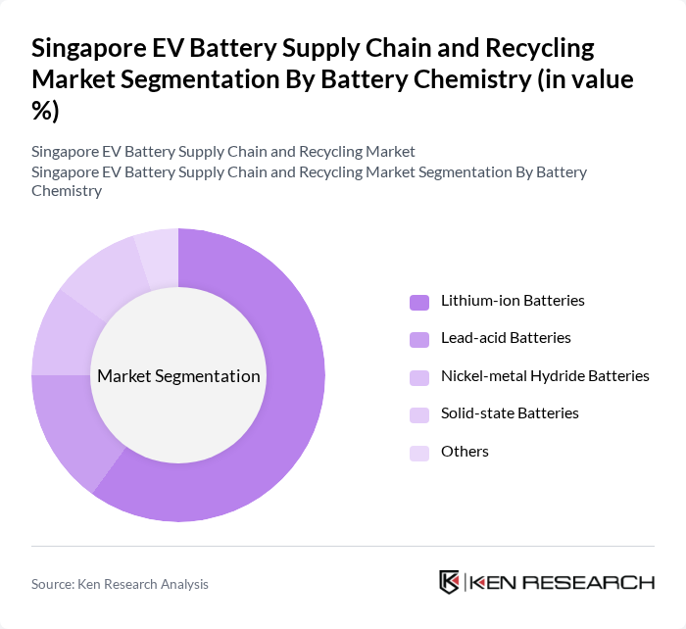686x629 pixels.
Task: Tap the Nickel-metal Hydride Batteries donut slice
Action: [x=61, y=333]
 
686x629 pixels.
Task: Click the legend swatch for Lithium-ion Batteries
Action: [x=419, y=301]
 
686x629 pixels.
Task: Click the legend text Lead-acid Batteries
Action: [x=506, y=338]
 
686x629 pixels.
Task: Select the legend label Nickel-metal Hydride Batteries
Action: [x=545, y=376]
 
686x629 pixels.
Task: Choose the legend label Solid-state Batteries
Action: [x=510, y=413]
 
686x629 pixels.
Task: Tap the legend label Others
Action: [x=465, y=452]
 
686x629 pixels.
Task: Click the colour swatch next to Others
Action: [x=419, y=452]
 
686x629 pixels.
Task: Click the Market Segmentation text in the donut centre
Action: [x=178, y=376]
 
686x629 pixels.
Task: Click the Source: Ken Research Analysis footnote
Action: [x=120, y=584]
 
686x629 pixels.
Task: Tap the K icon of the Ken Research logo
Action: [x=450, y=582]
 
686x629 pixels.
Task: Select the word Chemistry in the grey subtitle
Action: [x=67, y=191]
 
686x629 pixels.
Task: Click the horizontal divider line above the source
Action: [x=343, y=546]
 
